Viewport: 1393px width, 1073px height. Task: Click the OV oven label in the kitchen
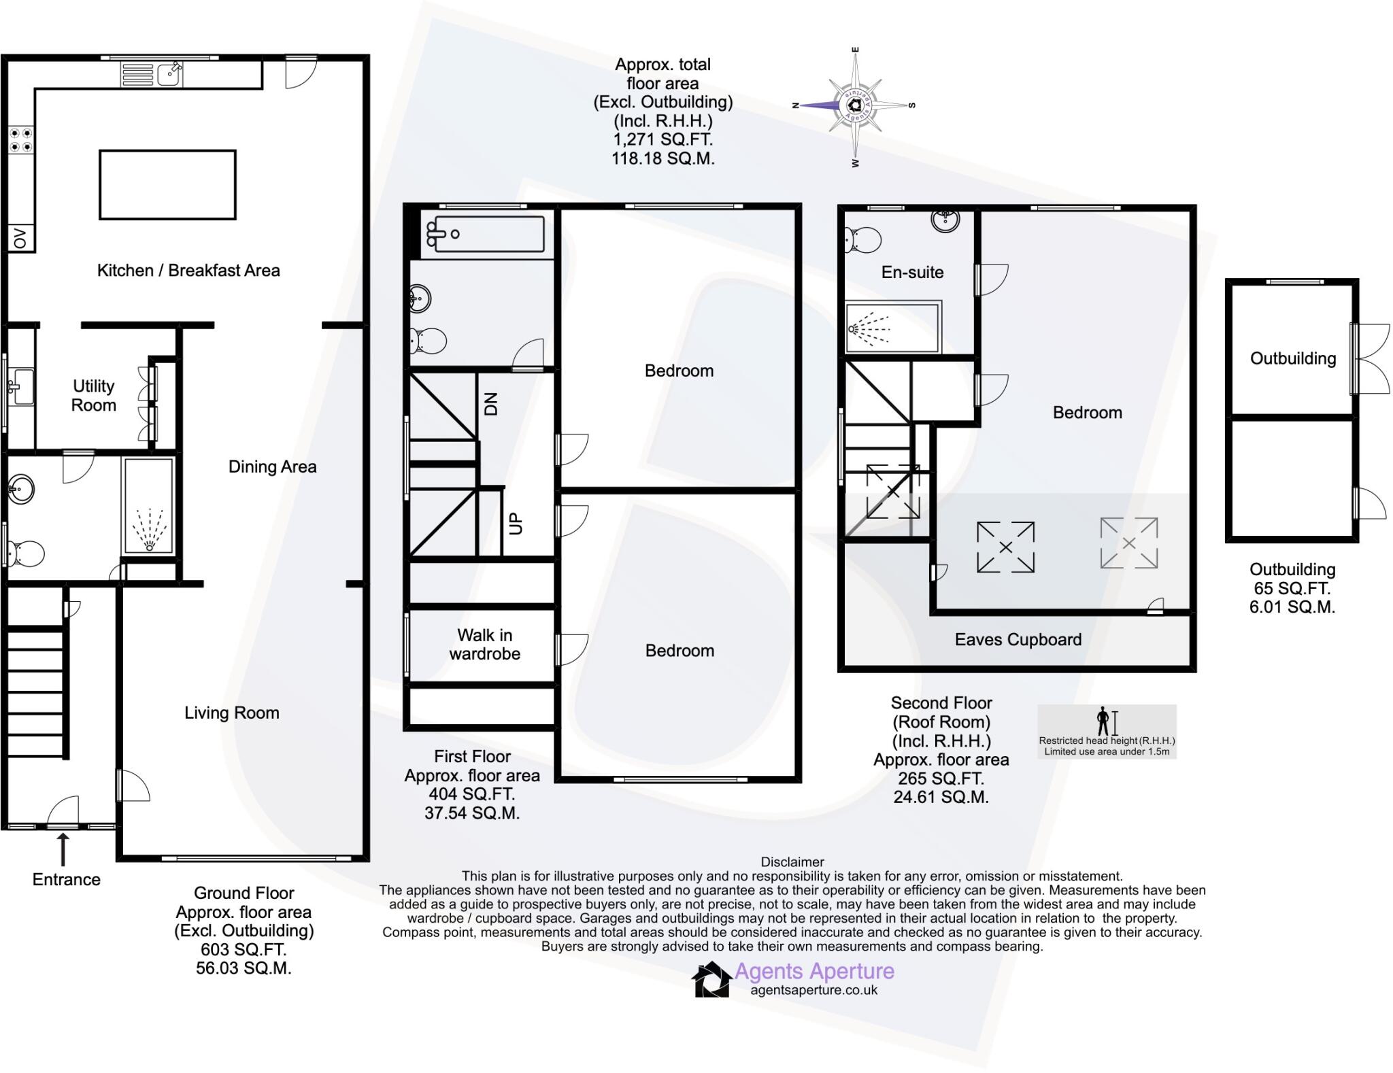coord(20,239)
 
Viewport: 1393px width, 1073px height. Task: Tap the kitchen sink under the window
coord(169,74)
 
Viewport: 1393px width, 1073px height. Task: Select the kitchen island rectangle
coord(167,185)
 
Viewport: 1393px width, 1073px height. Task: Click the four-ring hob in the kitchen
coord(20,140)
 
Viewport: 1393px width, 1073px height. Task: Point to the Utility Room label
coord(94,396)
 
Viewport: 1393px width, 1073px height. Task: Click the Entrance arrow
coord(63,850)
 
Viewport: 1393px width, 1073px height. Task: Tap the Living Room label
coord(231,713)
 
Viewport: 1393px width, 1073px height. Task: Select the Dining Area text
coord(272,466)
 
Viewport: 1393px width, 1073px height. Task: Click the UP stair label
coord(516,523)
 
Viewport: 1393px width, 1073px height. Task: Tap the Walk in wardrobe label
coord(484,645)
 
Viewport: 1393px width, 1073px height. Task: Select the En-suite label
coord(912,272)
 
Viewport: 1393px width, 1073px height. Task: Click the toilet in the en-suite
coord(862,240)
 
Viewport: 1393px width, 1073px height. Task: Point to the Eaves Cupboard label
coord(1018,639)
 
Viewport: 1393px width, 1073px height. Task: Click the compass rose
coord(855,105)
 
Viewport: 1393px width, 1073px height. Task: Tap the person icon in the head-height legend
coord(1103,721)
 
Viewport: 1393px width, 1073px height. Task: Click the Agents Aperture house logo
coord(711,980)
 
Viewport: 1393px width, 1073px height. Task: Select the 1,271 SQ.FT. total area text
coord(662,139)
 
